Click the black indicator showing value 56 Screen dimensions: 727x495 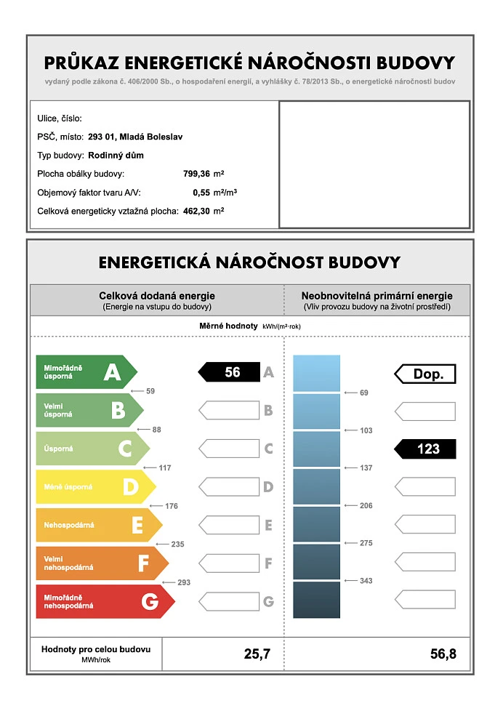click(x=230, y=372)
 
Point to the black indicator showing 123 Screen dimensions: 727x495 click(x=426, y=449)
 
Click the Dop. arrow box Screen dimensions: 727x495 click(x=426, y=374)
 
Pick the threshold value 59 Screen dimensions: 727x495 click(x=150, y=391)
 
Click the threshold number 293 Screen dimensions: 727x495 click(x=183, y=582)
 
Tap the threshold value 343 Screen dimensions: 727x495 click(x=366, y=580)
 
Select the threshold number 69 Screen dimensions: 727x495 click(x=364, y=393)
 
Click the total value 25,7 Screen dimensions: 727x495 click(x=257, y=654)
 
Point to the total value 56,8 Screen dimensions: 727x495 click(x=443, y=654)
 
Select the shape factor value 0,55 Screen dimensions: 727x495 click(x=201, y=193)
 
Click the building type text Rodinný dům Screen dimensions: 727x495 click(x=116, y=155)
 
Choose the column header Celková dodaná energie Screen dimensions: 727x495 click(x=157, y=296)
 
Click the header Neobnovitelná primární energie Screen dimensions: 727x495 click(x=377, y=296)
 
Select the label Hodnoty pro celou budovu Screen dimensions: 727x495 click(x=96, y=648)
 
